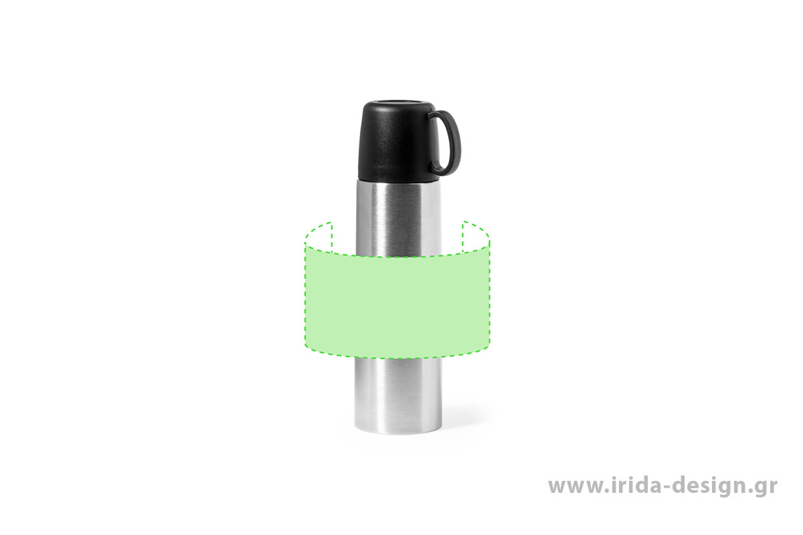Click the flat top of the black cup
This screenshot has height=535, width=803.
pyautogui.click(x=399, y=104)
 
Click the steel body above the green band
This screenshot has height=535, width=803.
pyautogui.click(x=397, y=219)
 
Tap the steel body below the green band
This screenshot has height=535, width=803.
pyautogui.click(x=397, y=394)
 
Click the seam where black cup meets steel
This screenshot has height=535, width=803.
pyautogui.click(x=397, y=181)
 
